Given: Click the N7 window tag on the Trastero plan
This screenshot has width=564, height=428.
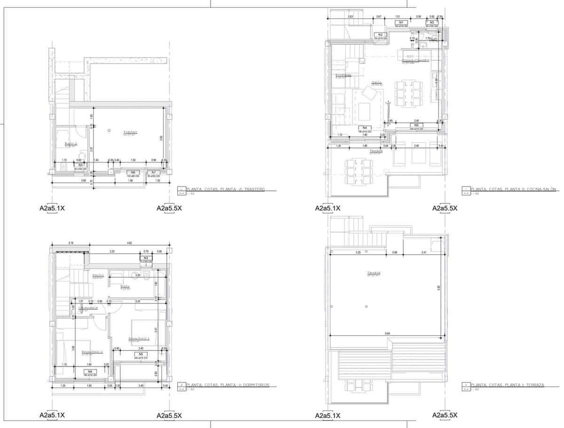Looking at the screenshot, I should click(x=154, y=173).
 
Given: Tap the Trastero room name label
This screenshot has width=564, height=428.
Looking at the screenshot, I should click(x=130, y=132).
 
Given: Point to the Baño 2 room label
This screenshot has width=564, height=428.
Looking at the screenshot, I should click(x=71, y=144).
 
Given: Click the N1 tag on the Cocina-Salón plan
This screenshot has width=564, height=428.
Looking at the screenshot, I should click(x=401, y=23).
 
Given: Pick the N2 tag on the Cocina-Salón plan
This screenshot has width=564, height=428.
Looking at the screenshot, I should click(x=380, y=35).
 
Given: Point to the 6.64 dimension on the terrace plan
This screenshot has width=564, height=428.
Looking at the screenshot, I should click(x=387, y=334).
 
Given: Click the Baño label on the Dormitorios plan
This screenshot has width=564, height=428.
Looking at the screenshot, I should click(x=125, y=286).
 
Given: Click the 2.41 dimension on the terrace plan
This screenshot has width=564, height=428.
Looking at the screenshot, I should click(x=424, y=253).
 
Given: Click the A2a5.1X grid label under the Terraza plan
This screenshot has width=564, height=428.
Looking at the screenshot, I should click(x=328, y=415).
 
